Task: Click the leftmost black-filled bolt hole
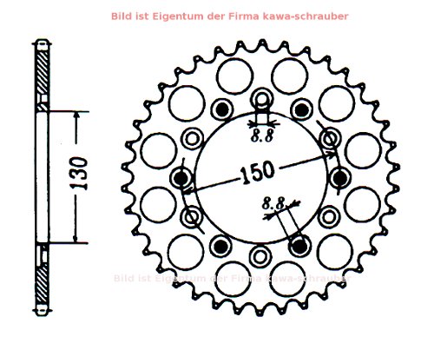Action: [x=181, y=178]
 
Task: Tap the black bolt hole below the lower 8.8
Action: [x=299, y=246]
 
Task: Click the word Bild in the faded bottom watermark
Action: [x=125, y=278]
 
